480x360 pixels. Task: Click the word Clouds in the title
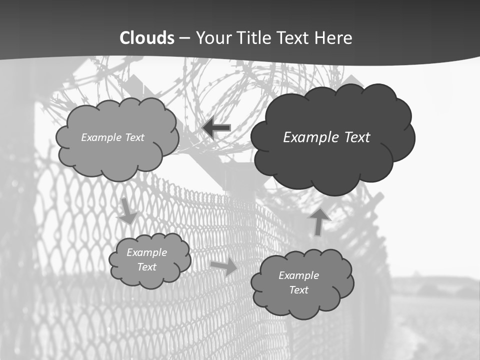point(147,38)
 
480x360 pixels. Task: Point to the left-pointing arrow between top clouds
point(216,128)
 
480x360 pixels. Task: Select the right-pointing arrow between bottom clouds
point(224,267)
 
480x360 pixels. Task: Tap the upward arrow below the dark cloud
point(319,221)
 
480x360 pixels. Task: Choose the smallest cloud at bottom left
point(150,277)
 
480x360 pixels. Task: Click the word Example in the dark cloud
point(307,137)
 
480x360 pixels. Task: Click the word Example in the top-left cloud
point(100,137)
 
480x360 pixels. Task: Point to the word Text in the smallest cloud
point(147,267)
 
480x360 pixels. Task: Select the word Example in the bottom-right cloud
point(298,275)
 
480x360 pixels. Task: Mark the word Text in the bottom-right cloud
point(298,290)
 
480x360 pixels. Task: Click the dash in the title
point(184,38)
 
